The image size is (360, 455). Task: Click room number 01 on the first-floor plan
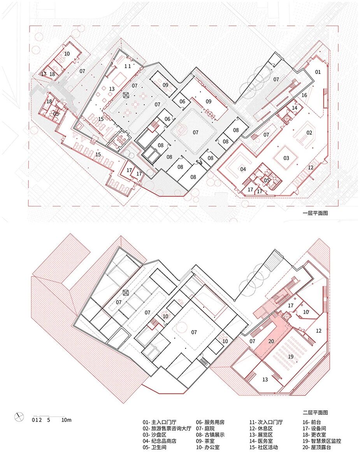(318, 72)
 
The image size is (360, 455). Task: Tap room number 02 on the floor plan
(309, 133)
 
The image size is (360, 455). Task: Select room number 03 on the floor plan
(286, 158)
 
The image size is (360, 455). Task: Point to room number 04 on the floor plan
(243, 169)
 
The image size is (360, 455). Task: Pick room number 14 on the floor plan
(295, 108)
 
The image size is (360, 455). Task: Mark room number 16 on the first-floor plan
(304, 95)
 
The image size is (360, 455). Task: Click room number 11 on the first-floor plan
(128, 66)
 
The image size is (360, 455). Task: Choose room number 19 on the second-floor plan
(290, 357)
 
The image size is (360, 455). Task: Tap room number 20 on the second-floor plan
(271, 341)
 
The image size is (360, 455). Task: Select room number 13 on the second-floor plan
(265, 379)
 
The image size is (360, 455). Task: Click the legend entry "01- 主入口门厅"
(159, 422)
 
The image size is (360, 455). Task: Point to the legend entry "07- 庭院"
(205, 428)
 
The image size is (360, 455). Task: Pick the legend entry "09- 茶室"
(205, 441)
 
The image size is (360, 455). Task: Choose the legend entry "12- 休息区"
(261, 428)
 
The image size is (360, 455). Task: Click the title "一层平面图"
(315, 213)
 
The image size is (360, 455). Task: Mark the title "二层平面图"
(315, 412)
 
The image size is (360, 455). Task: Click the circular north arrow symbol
(19, 417)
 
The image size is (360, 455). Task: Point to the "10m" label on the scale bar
(66, 420)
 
